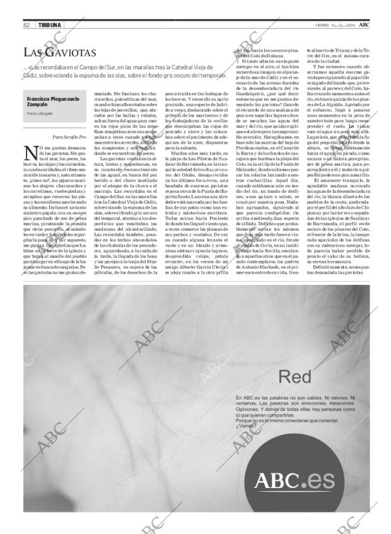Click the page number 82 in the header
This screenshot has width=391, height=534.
coord(27,25)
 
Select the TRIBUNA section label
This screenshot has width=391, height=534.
coord(49,25)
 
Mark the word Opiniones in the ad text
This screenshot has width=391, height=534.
coord(248,409)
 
